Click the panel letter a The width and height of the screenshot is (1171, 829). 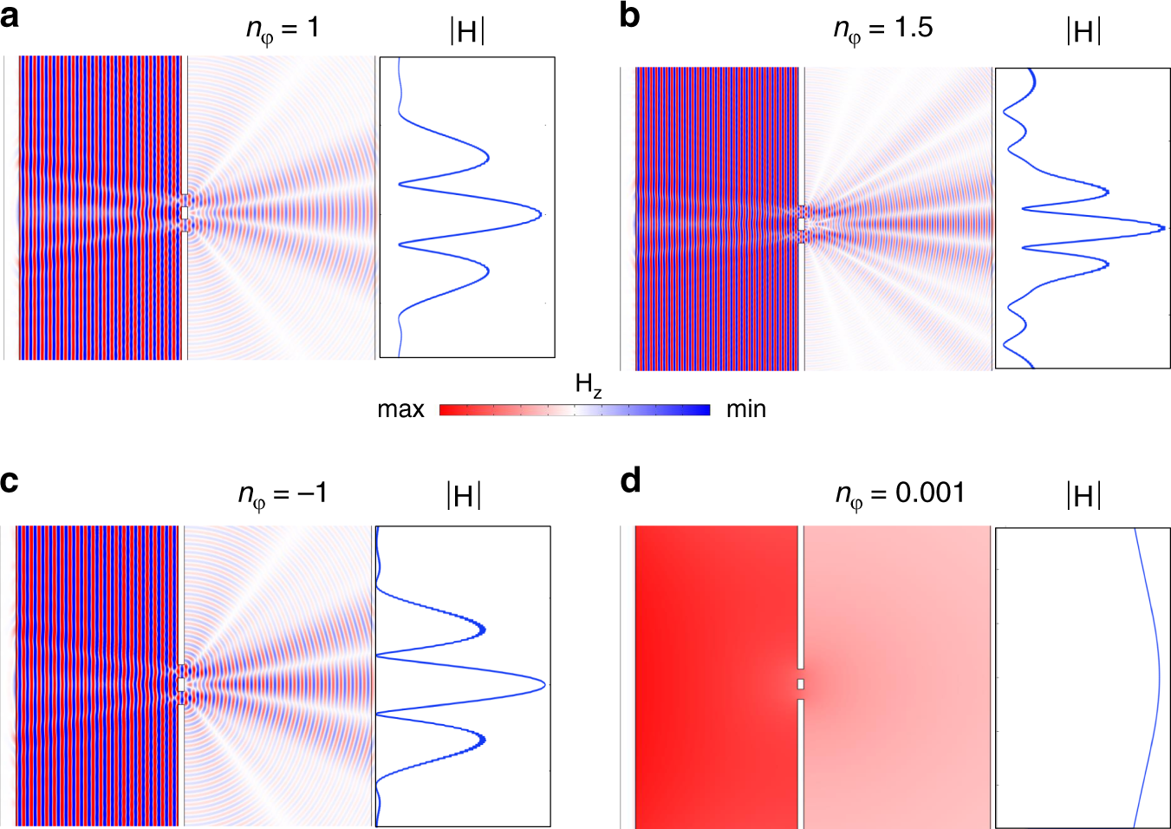tap(10, 16)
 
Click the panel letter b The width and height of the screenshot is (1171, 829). tap(630, 16)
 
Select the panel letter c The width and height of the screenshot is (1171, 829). tap(10, 481)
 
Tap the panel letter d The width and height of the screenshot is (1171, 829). tap(631, 480)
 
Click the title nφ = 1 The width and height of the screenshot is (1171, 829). tap(283, 29)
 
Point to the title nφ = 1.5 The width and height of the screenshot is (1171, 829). tap(882, 29)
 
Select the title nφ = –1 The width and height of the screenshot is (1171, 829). tap(283, 495)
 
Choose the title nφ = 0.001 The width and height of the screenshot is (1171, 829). tap(900, 495)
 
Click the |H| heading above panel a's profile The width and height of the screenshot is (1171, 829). tap(467, 32)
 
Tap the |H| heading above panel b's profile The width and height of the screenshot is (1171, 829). tap(1083, 32)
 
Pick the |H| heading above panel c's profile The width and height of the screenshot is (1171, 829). tap(464, 497)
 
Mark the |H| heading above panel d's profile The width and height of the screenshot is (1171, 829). tap(1083, 497)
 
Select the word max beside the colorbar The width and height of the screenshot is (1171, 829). tap(400, 409)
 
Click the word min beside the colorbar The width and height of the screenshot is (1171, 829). tap(745, 409)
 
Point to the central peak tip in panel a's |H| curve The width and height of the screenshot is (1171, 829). tap(541, 213)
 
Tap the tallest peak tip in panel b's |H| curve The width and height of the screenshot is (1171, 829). tap(1164, 227)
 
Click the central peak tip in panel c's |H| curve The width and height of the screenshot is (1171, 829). tap(544, 685)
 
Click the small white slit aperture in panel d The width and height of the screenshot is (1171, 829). tap(801, 684)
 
